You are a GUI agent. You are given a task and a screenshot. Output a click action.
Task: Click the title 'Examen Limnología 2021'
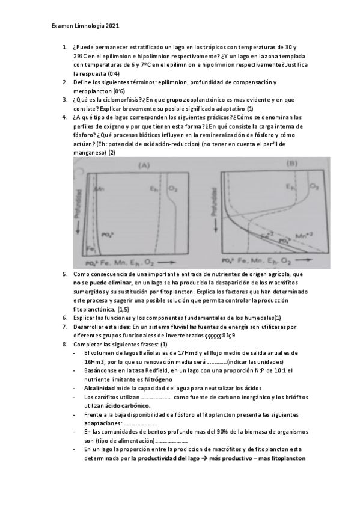(x=86, y=26)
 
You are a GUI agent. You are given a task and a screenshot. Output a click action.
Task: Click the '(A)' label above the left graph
(x=144, y=164)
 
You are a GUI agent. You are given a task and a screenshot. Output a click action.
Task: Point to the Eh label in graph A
(x=153, y=188)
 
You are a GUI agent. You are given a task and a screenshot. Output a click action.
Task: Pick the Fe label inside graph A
(x=90, y=248)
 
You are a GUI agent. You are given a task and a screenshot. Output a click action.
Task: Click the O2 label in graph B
(x=313, y=187)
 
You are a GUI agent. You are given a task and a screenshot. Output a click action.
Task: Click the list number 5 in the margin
(x=64, y=274)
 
